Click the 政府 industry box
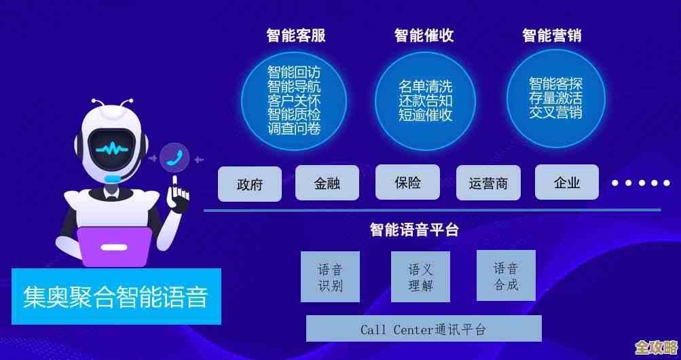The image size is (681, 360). click(250, 184)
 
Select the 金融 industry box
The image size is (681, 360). click(327, 183)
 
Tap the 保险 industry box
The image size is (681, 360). click(407, 182)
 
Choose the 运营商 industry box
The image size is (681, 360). click(488, 183)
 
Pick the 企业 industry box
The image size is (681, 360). click(567, 182)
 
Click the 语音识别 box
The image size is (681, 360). click(331, 276)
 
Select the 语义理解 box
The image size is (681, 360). click(420, 277)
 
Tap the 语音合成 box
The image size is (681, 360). click(506, 275)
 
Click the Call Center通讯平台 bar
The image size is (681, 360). click(424, 329)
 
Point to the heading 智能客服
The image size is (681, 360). click(296, 35)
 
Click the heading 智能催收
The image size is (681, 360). click(424, 35)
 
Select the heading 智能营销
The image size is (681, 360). click(552, 35)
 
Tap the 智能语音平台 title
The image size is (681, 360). click(414, 230)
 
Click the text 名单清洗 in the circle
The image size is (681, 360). click(425, 87)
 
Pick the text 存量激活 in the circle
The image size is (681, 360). click(555, 98)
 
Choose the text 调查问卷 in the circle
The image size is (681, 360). click(294, 128)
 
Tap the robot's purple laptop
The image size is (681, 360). click(114, 246)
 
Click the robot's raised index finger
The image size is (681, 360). click(176, 184)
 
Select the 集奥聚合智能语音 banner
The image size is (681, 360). click(116, 297)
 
